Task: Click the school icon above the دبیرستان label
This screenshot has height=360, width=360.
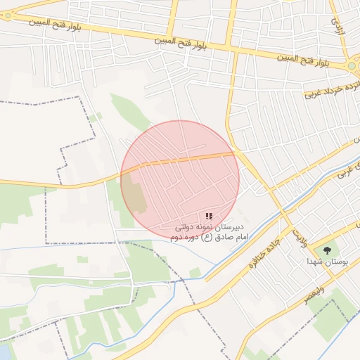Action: point(209,216)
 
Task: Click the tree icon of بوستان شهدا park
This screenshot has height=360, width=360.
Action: point(327,250)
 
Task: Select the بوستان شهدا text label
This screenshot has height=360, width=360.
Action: point(323,261)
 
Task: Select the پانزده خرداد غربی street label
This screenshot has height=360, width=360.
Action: point(333,87)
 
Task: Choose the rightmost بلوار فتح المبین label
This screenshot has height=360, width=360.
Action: point(303,60)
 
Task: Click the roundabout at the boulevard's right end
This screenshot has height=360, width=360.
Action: point(354,66)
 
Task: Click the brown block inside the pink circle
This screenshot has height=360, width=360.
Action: point(136,191)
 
